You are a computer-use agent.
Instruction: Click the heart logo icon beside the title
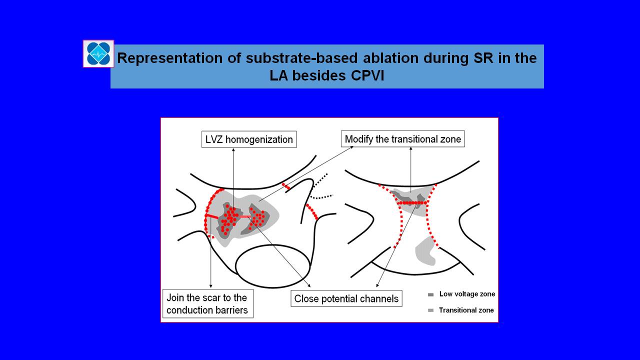[x=98, y=53]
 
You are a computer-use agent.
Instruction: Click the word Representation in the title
[x=169, y=58]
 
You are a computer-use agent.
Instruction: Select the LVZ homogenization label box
[x=249, y=139]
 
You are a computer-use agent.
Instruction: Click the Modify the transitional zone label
[x=403, y=139]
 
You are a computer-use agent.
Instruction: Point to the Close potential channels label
[x=346, y=298]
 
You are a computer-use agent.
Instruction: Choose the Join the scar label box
[x=207, y=303]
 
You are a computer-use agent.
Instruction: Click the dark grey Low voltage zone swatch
[x=431, y=294]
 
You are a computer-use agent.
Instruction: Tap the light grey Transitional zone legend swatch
[x=431, y=310]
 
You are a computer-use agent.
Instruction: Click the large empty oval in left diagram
[x=272, y=266]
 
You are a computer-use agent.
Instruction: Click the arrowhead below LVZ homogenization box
[x=233, y=149]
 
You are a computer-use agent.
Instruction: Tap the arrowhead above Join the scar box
[x=211, y=286]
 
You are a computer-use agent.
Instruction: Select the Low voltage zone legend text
[x=467, y=294]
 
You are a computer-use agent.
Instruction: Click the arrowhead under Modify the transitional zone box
[x=411, y=149]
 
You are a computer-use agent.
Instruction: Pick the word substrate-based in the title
[x=301, y=58]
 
